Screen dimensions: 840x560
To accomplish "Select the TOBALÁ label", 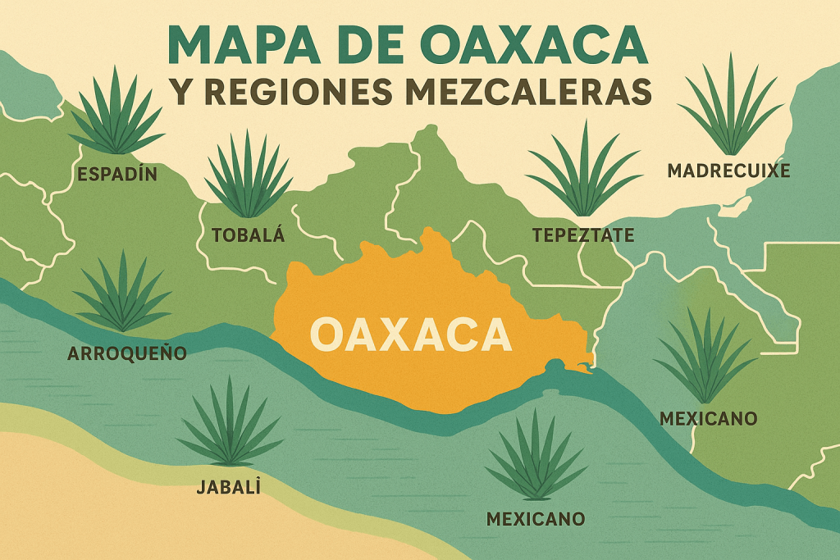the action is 248,235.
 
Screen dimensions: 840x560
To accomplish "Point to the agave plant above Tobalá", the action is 248,176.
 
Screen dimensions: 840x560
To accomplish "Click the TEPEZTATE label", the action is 583,235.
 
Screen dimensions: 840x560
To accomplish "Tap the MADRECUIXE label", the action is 728,171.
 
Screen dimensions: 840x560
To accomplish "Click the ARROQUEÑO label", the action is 127,354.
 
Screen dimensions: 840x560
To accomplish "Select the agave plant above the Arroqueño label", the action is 123,295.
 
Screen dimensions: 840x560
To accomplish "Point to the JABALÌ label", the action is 229,487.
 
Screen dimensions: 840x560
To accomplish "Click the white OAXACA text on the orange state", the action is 411,335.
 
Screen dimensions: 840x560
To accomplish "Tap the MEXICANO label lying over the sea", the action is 536,518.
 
